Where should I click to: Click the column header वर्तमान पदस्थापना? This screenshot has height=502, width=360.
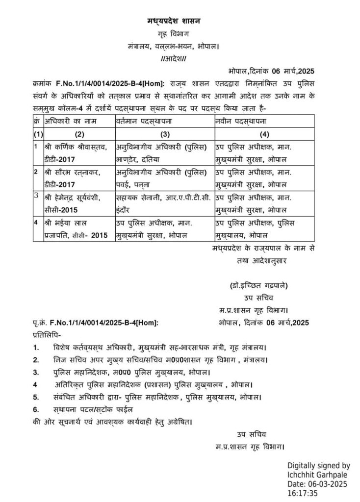[147, 120]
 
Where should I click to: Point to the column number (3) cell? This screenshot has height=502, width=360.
[164, 134]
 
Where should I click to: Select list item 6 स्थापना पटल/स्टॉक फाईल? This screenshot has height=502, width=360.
[93, 409]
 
